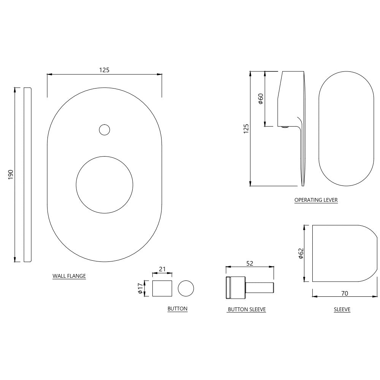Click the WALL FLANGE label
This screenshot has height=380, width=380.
[x=69, y=276]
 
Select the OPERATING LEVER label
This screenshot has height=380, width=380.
[x=316, y=200]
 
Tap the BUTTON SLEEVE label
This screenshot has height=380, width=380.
[x=246, y=310]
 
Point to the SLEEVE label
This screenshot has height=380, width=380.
[x=342, y=310]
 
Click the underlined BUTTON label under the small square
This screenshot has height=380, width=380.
[x=177, y=309]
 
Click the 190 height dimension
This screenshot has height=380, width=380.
[x=11, y=175]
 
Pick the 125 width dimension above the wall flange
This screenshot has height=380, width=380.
[x=104, y=70]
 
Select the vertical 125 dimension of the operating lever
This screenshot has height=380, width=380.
[x=246, y=129]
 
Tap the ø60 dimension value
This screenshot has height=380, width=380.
[x=260, y=98]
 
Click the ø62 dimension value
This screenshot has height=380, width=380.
[x=301, y=253]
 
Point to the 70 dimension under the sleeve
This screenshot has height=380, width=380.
[x=345, y=293]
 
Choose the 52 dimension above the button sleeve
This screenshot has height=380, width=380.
[x=250, y=263]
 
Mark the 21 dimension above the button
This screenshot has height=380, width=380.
[x=162, y=269]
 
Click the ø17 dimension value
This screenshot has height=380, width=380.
[x=140, y=288]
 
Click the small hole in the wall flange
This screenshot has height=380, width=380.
[x=104, y=130]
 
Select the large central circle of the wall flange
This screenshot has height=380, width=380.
[x=104, y=185]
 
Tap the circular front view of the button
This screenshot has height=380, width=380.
[x=186, y=288]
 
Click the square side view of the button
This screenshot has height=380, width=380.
[x=162, y=288]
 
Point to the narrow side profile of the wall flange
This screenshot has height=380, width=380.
[x=27, y=175]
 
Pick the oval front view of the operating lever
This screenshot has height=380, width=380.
[x=345, y=129]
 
